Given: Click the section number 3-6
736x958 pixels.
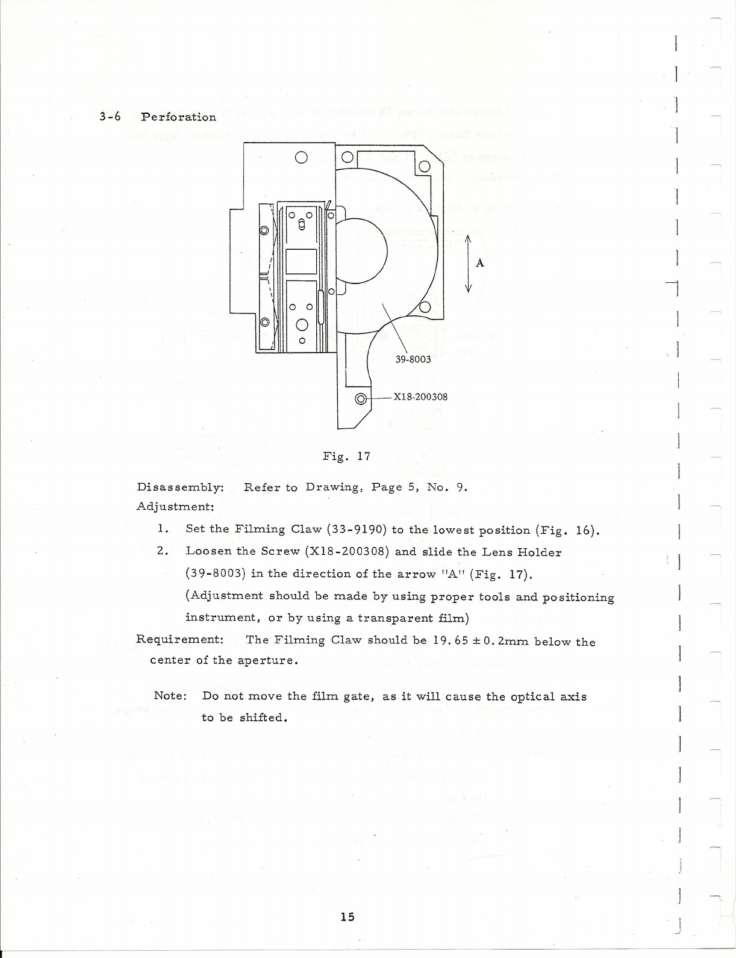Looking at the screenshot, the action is [x=110, y=117].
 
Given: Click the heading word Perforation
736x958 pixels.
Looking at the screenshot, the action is [x=179, y=117].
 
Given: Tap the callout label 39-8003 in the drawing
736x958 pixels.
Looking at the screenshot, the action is [x=413, y=359].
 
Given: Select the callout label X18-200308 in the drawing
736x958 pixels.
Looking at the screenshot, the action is [x=420, y=397].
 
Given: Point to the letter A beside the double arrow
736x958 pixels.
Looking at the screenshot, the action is [x=480, y=263].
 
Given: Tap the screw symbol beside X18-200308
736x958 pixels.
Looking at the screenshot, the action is [x=361, y=398].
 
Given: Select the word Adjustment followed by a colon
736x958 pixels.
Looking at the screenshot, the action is [x=175, y=507].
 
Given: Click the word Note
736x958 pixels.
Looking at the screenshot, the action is [x=170, y=696].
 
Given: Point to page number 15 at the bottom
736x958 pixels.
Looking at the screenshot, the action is [x=348, y=916].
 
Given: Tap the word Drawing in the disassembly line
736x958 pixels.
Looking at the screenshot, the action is [x=332, y=487].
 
